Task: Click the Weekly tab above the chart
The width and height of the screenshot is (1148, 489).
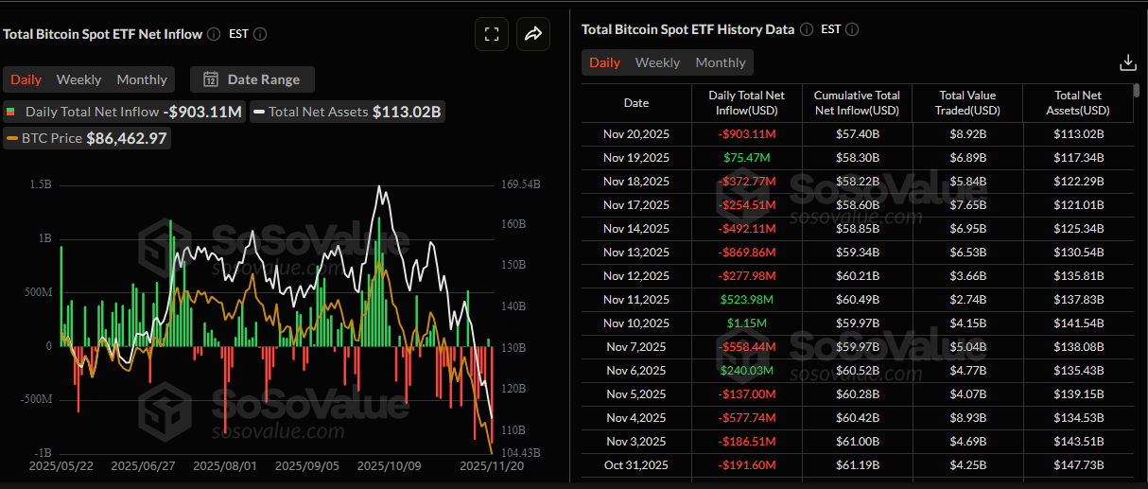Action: (x=79, y=79)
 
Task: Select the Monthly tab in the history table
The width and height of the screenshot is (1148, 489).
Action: (x=721, y=62)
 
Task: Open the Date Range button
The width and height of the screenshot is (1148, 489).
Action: (x=252, y=79)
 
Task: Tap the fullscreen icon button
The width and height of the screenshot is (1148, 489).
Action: (x=491, y=34)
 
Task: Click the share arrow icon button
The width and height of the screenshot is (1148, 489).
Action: (x=533, y=34)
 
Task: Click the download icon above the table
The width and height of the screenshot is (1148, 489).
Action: (x=1127, y=62)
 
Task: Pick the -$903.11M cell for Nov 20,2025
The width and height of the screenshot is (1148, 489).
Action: (x=746, y=133)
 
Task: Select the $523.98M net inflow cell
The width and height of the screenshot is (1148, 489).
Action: (x=746, y=299)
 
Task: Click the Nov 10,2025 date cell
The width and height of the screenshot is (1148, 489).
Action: (x=636, y=323)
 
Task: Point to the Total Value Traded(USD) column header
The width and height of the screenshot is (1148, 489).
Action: (x=967, y=103)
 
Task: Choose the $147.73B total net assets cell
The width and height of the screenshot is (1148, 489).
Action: (x=1078, y=464)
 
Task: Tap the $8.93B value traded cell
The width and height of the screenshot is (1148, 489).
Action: (x=967, y=417)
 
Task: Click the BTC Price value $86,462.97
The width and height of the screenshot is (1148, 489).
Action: (x=127, y=138)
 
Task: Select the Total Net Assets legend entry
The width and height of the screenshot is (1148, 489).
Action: (x=318, y=112)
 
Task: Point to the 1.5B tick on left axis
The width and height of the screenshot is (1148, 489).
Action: (x=40, y=185)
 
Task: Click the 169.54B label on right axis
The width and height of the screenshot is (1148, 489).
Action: (x=520, y=185)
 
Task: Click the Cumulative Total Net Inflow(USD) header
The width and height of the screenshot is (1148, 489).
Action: (x=857, y=103)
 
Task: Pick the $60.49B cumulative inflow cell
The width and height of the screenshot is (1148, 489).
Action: (x=857, y=299)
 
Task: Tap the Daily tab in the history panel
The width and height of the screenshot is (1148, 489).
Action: (x=604, y=62)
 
